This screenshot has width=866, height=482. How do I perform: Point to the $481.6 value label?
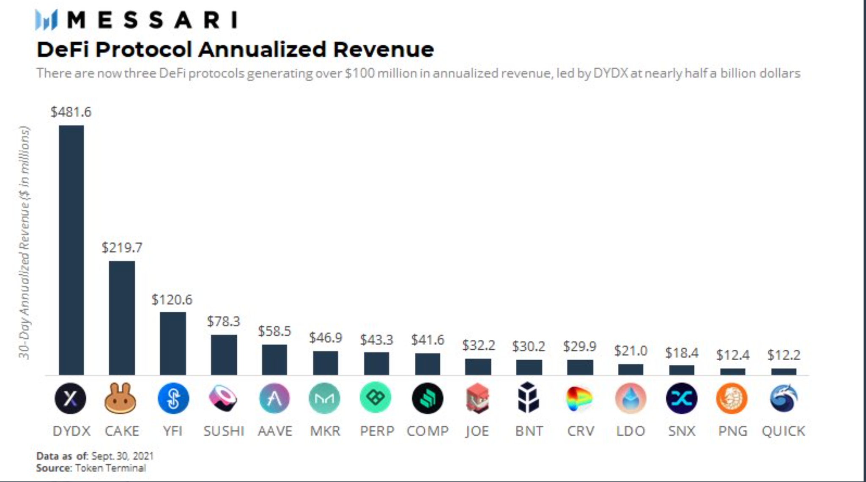pyautogui.click(x=71, y=112)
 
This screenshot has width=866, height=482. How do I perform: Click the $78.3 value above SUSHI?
pyautogui.click(x=223, y=321)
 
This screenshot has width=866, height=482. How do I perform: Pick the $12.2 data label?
pyautogui.click(x=784, y=355)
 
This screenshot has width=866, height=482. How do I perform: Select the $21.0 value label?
pyautogui.click(x=630, y=351)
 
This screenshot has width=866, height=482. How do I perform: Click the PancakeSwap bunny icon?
pyautogui.click(x=121, y=398)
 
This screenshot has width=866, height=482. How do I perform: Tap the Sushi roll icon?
pyautogui.click(x=223, y=398)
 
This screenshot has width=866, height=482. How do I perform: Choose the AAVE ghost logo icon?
pyautogui.click(x=274, y=398)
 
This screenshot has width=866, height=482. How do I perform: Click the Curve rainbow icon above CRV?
pyautogui.click(x=580, y=398)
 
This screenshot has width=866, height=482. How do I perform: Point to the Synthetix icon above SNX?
pyautogui.click(x=681, y=398)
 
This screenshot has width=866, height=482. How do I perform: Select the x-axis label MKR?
pyautogui.click(x=325, y=431)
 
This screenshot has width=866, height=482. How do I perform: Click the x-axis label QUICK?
pyautogui.click(x=783, y=431)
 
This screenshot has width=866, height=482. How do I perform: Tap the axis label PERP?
pyautogui.click(x=377, y=431)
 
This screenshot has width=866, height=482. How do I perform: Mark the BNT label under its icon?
pyautogui.click(x=529, y=431)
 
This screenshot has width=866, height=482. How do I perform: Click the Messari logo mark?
pyautogui.click(x=46, y=20)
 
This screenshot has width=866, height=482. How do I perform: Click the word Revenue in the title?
pyautogui.click(x=383, y=49)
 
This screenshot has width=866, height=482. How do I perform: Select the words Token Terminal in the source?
pyautogui.click(x=110, y=468)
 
